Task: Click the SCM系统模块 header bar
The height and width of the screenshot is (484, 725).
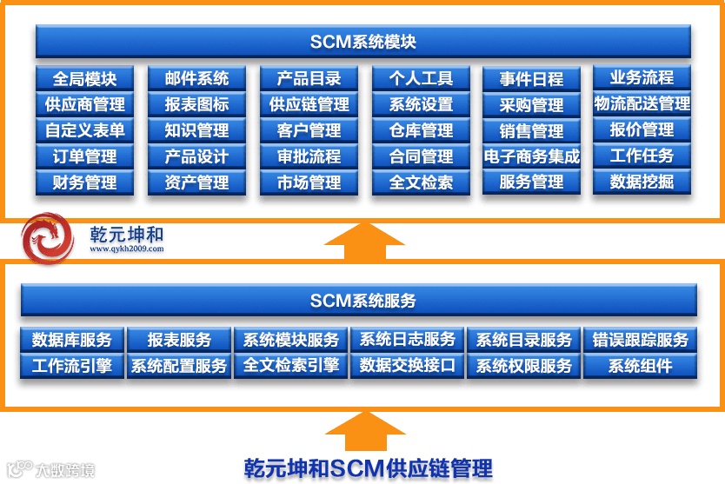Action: (362, 42)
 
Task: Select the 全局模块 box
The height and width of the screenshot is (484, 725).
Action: (84, 78)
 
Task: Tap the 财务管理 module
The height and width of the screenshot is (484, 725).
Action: (84, 182)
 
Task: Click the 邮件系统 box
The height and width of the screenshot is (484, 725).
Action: (196, 78)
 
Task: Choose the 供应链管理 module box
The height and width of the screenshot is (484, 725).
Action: (309, 104)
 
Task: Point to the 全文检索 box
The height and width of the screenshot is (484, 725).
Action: (421, 182)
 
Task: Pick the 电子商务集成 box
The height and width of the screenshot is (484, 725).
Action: (532, 156)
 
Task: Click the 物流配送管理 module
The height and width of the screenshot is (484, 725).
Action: (642, 104)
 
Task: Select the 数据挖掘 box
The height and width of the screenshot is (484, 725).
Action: (642, 182)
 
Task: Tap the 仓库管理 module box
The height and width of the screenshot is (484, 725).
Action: (421, 130)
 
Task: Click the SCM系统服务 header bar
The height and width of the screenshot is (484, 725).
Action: (362, 301)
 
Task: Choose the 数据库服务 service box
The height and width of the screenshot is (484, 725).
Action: (72, 340)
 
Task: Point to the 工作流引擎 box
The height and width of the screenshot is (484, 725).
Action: (72, 366)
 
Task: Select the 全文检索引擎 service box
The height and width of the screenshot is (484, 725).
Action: (290, 366)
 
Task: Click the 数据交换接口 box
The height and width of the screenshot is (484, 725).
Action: (407, 366)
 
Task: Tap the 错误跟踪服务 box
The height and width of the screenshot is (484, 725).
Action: (640, 340)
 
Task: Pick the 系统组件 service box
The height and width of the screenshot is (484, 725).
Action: (640, 366)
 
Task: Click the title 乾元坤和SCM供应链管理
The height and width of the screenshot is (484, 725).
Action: (368, 467)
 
